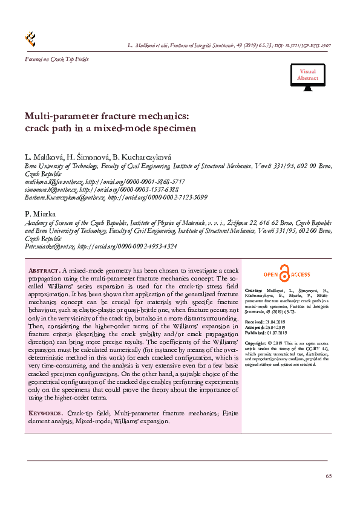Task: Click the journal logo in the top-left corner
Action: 30,39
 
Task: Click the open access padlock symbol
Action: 285,274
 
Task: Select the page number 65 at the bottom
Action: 329,476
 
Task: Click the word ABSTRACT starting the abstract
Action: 44,270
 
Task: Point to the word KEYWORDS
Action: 47,413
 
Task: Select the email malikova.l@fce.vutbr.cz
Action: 53,181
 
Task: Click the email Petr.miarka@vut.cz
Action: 50,247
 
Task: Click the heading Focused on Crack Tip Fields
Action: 56,59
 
